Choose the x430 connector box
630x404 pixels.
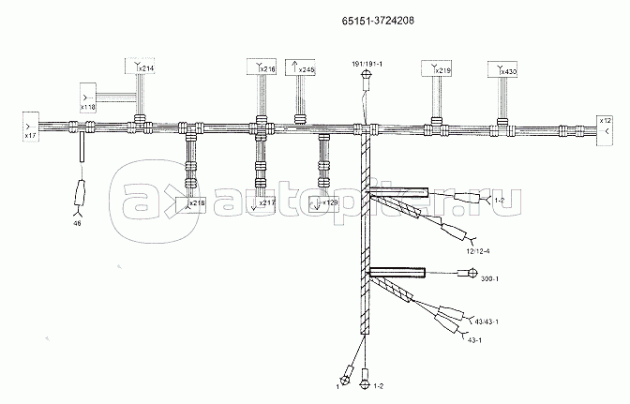click(x=502, y=68)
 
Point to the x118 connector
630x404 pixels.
click(x=88, y=100)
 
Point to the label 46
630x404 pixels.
click(x=77, y=223)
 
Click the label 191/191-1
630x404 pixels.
click(x=367, y=62)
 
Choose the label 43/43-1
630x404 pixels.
click(x=486, y=322)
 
